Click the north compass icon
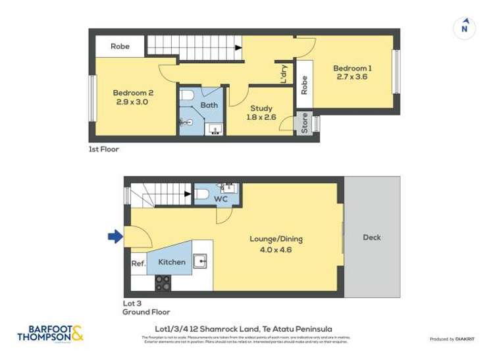(465, 27)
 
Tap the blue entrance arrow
(115, 236)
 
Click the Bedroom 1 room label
(351, 72)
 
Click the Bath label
(209, 105)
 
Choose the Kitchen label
(171, 262)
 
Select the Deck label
(372, 238)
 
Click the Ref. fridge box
(138, 263)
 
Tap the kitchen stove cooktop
(163, 283)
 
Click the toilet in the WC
(201, 194)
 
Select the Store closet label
(305, 124)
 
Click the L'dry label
(284, 73)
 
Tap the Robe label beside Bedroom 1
(304, 86)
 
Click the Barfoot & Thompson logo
(51, 334)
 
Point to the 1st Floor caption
(104, 149)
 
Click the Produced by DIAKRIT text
(452, 339)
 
